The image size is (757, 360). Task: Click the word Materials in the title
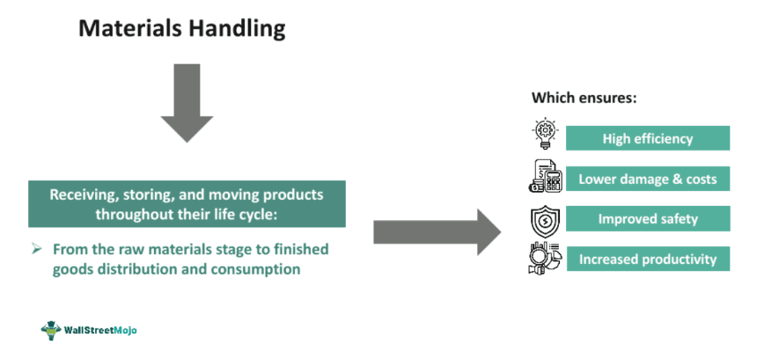pos(130,28)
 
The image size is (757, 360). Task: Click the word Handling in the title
pos(237,30)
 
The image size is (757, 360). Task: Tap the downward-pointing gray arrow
pos(187,103)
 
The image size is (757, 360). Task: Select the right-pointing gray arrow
pos(437,232)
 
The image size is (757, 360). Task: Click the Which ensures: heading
pos(584,98)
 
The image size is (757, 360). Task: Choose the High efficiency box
pos(647,138)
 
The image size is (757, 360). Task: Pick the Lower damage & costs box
pos(647,179)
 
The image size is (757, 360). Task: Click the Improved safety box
pos(647,219)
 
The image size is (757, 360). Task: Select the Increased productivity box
pos(647,259)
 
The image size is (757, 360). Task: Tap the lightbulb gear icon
pos(545,134)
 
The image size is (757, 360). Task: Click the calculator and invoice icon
pos(545,175)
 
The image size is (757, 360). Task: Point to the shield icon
pos(545,220)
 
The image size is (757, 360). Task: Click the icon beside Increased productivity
pos(545,259)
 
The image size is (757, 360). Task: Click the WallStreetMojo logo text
pos(100,330)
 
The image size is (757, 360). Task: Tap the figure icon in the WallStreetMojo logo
pos(51,331)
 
